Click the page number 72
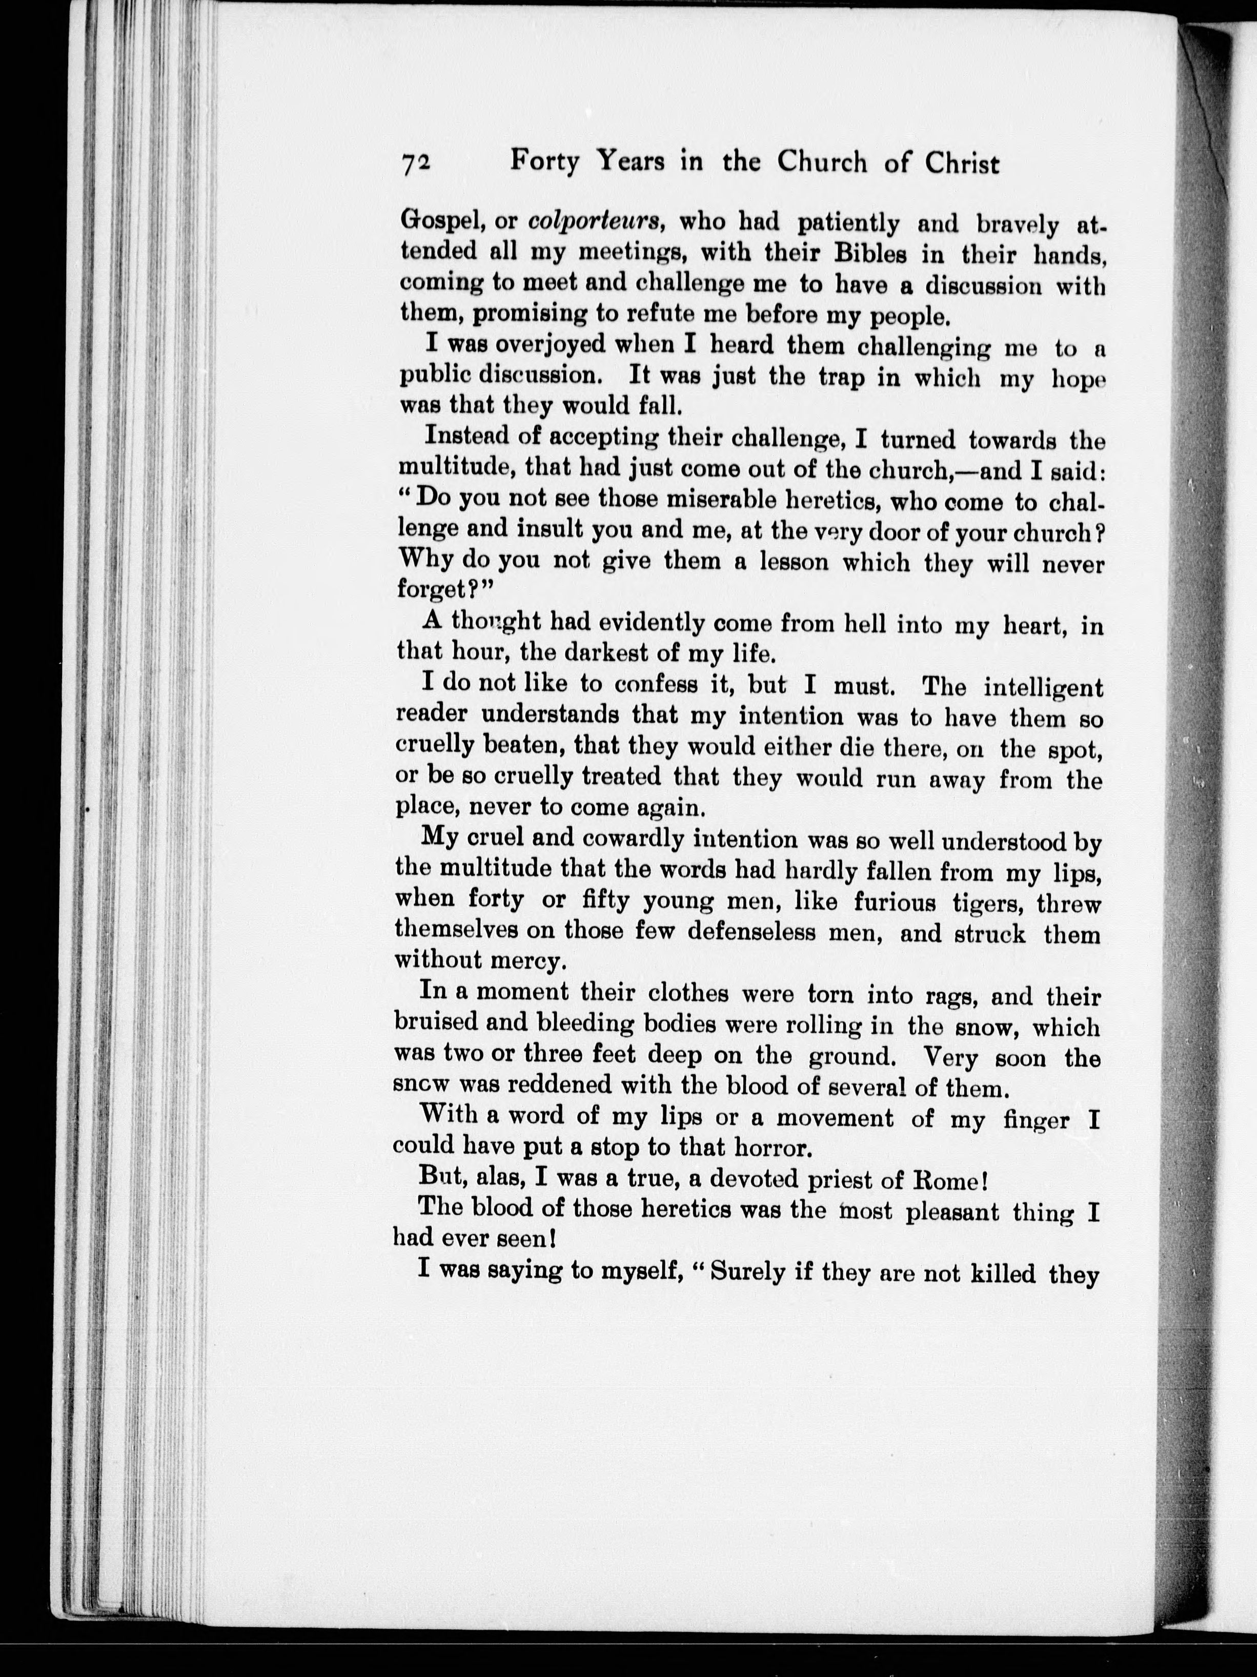pyautogui.click(x=416, y=164)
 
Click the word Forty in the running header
pyautogui.click(x=544, y=161)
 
